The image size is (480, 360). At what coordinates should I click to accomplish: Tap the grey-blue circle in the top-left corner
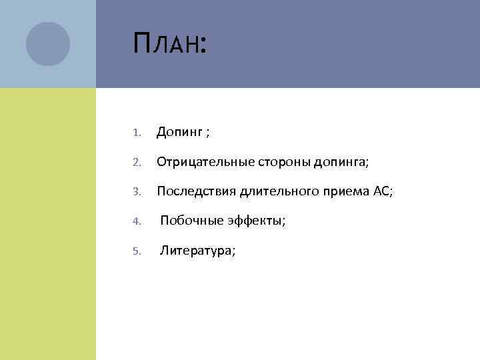coord(48,44)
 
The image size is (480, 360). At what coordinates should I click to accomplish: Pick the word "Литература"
coord(195,251)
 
